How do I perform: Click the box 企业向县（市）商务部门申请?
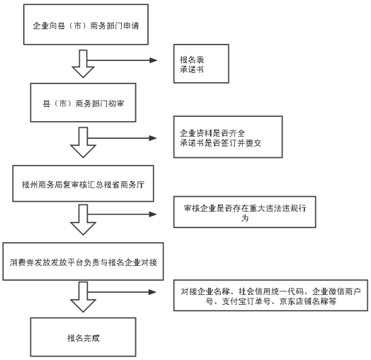pos(86,24)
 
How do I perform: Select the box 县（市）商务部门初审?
pos(83,103)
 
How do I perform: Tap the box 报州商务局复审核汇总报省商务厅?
pos(83,184)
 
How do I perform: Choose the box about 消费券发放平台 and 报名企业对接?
pos(83,261)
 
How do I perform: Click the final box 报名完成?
pos(83,337)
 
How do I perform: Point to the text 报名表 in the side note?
pos(192,60)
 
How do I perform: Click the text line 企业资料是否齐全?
pos(212,133)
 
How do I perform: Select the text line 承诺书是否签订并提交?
pos(220,143)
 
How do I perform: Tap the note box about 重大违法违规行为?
pos(245,212)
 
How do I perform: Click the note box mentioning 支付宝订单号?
pos(270,296)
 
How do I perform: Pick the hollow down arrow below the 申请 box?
pos(83,64)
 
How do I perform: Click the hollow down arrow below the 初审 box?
pos(83,142)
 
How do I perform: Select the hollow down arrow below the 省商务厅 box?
pos(83,220)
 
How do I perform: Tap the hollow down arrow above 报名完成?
pos(83,297)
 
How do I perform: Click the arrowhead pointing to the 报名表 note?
pos(154,60)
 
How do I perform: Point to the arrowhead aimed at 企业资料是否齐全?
pos(153,138)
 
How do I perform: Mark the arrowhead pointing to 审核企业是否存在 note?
pos(153,214)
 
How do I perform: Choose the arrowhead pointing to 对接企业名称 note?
pos(152,292)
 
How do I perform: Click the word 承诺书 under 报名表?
pos(192,69)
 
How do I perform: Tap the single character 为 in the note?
pos(245,218)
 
